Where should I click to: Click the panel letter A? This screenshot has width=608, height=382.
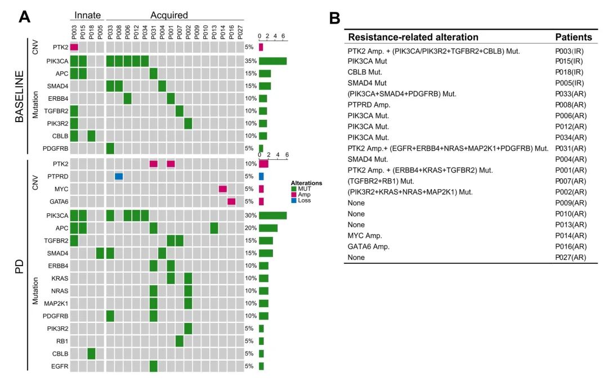(24, 17)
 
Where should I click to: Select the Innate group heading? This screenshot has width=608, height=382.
(87, 15)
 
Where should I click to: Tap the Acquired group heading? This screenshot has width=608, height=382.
(169, 15)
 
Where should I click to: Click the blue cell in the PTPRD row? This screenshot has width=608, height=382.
(119, 176)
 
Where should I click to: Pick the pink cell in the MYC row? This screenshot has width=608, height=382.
(223, 189)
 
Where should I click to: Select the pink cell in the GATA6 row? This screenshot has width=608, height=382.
(231, 201)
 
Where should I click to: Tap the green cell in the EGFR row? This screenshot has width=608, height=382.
(153, 366)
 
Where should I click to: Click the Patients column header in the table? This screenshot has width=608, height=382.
(573, 37)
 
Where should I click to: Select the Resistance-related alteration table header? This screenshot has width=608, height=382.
(413, 37)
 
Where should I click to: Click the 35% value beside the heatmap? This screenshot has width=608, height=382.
(249, 61)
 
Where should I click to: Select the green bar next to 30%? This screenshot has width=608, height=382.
(272, 215)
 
